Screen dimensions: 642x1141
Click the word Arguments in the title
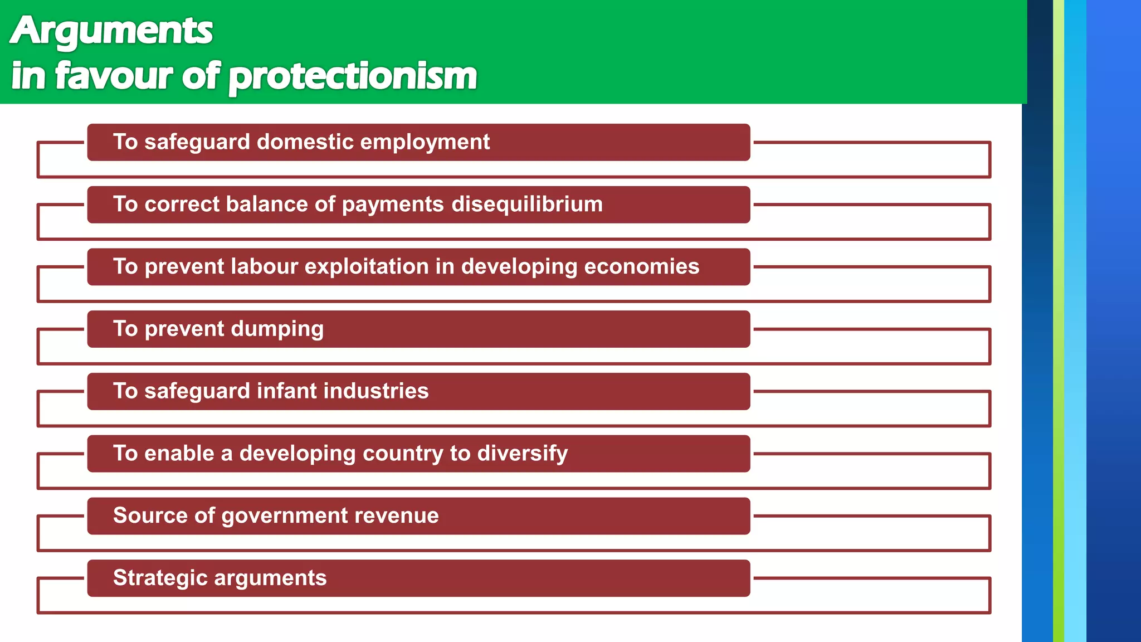pos(111,31)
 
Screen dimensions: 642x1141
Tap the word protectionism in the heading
pos(353,76)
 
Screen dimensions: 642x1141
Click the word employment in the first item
pos(425,142)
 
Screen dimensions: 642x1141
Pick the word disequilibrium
pos(527,204)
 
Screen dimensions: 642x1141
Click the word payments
pos(393,205)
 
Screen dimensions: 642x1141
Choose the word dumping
pos(277,329)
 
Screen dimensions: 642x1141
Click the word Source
pos(150,515)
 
